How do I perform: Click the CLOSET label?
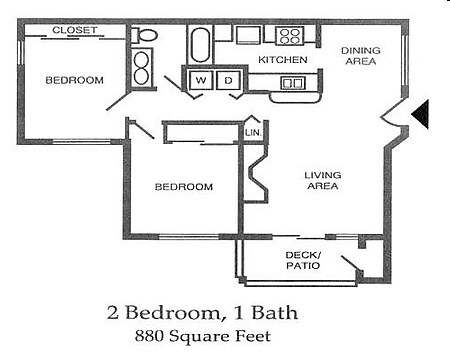tap(75, 31)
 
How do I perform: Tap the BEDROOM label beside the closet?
tap(75, 80)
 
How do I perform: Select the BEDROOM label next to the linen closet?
tap(183, 187)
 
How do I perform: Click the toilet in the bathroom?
tap(146, 36)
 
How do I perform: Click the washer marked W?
tap(201, 80)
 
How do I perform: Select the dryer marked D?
tap(227, 80)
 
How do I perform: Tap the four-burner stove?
tap(290, 37)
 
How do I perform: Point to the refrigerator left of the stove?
tap(248, 35)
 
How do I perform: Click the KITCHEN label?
tap(282, 61)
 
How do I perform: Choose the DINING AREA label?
tap(360, 56)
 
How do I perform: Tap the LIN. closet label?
tap(253, 131)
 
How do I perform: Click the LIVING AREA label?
tap(323, 181)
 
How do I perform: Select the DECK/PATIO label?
tap(301, 260)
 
